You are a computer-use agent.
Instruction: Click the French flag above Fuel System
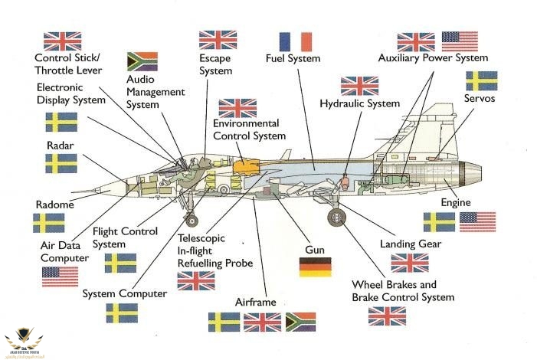[x=296, y=41]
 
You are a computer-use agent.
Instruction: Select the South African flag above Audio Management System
[x=142, y=61]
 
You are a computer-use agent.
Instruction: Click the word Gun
[x=316, y=250]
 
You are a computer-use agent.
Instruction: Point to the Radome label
[x=54, y=205]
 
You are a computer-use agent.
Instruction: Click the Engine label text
[x=456, y=202]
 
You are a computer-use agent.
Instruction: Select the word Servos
[x=480, y=99]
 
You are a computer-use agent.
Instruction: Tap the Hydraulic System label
[x=360, y=103]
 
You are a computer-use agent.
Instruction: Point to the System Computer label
[x=124, y=293]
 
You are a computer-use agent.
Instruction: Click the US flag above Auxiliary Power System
[x=460, y=41]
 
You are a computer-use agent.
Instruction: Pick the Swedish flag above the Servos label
[x=482, y=80]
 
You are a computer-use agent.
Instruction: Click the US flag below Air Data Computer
[x=60, y=277]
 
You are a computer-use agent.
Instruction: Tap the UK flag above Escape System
[x=218, y=40]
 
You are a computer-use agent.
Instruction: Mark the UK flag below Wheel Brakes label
[x=387, y=316]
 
